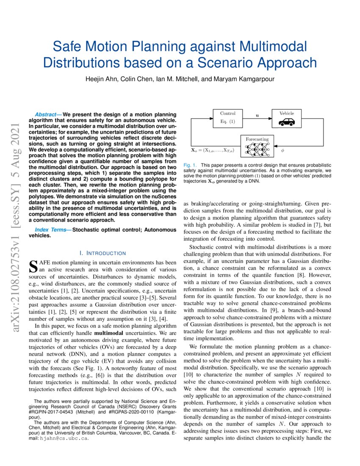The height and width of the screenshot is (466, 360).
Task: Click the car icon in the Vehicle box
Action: point(286,122)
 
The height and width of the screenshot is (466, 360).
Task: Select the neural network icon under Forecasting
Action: point(257,149)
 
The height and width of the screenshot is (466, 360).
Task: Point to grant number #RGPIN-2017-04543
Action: point(53,412)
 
